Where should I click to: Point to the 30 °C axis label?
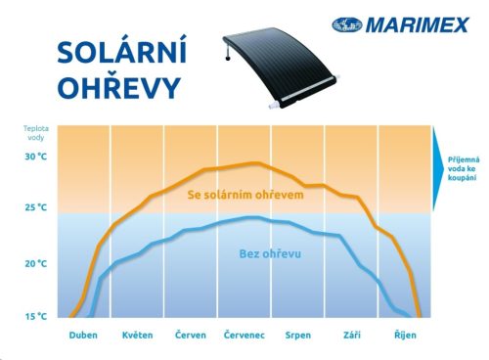(36, 157)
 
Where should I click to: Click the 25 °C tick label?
(36, 207)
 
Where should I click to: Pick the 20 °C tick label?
(36, 263)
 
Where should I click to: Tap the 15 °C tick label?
(36, 316)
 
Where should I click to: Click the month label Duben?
(84, 336)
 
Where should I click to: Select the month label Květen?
(137, 336)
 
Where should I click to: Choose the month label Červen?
(190, 336)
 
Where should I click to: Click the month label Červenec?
(244, 336)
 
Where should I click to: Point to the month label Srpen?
(297, 336)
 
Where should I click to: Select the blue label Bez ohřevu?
(269, 254)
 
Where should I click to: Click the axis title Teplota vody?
(35, 132)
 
